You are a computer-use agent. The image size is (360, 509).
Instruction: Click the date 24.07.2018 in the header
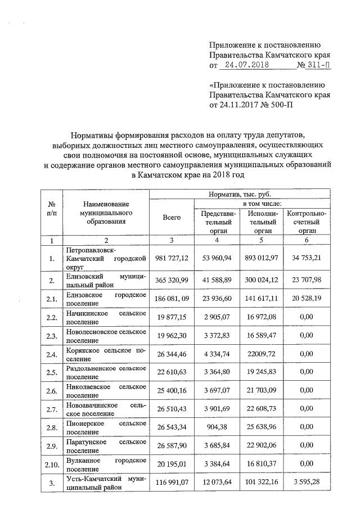click(245, 65)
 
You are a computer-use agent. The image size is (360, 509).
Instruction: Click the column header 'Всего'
click(171, 217)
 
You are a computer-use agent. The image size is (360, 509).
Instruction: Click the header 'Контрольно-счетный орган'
click(307, 222)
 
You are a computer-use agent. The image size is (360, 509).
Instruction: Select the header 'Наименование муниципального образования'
click(105, 213)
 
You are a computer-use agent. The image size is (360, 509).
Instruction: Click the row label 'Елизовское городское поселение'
click(106, 299)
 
